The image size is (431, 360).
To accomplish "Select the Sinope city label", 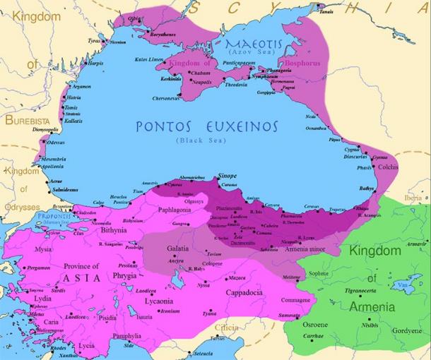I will [x=226, y=174].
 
